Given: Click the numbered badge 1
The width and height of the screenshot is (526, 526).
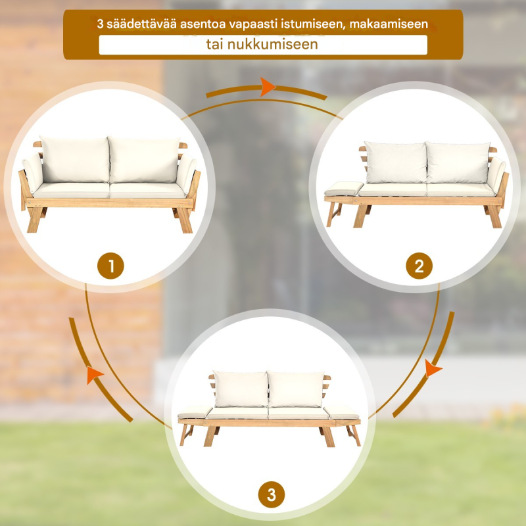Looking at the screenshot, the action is pos(110,266).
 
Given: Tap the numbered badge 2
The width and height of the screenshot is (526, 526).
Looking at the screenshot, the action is pos(419,266).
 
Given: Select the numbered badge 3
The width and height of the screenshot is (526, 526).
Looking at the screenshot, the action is pos(271,494).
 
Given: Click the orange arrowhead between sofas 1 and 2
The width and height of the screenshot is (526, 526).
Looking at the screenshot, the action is pos(268,87).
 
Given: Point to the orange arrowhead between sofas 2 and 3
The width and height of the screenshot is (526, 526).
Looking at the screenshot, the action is pos(433,368).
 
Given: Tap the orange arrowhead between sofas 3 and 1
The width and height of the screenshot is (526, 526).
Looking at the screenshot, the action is pos(95,375).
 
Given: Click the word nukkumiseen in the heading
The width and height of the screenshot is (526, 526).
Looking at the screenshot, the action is pos(272,44).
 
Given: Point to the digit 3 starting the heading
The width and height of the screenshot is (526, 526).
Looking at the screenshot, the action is pos(100,24).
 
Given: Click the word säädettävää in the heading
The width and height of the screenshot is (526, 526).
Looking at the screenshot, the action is pos(141,24).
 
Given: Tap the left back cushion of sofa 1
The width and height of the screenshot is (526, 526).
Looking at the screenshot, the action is pos(75,159).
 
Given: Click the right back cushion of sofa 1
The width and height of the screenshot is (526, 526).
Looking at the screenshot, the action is pos(144,160).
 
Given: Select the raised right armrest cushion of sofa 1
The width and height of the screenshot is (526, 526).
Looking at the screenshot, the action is pos(186,174).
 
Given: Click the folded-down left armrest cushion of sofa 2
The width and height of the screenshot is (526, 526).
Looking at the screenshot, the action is pos(343,188).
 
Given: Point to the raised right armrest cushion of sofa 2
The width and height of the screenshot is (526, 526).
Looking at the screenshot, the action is pos(496,175).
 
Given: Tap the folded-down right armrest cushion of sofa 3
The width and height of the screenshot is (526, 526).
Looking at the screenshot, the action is pos(341,412).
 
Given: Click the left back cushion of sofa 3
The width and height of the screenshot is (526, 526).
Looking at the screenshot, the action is pos(241,389).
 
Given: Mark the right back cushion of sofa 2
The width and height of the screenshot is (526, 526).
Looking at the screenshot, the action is pos(458,162).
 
